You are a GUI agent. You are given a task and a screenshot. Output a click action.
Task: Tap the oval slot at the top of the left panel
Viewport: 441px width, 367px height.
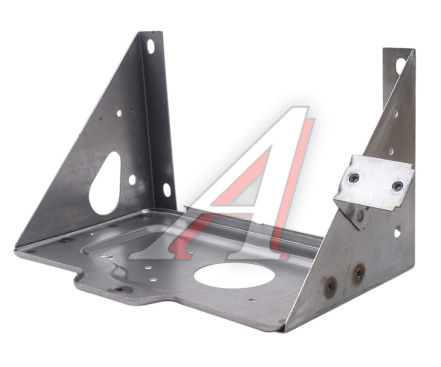pos(151,46)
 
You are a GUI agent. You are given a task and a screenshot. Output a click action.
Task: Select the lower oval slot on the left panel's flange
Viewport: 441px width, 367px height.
pos(167,190)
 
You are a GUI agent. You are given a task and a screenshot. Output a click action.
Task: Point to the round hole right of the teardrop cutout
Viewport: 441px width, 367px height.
pos(132,180)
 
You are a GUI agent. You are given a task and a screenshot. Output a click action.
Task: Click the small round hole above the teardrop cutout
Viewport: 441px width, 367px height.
pos(119,114)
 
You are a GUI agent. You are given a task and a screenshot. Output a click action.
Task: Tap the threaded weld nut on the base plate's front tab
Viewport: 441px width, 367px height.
pos(121,289)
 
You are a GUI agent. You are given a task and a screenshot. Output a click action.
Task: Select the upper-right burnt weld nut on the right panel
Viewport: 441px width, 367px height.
pos(359,273)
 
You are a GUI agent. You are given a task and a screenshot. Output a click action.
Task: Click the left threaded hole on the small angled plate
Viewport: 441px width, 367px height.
pos(354,178)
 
